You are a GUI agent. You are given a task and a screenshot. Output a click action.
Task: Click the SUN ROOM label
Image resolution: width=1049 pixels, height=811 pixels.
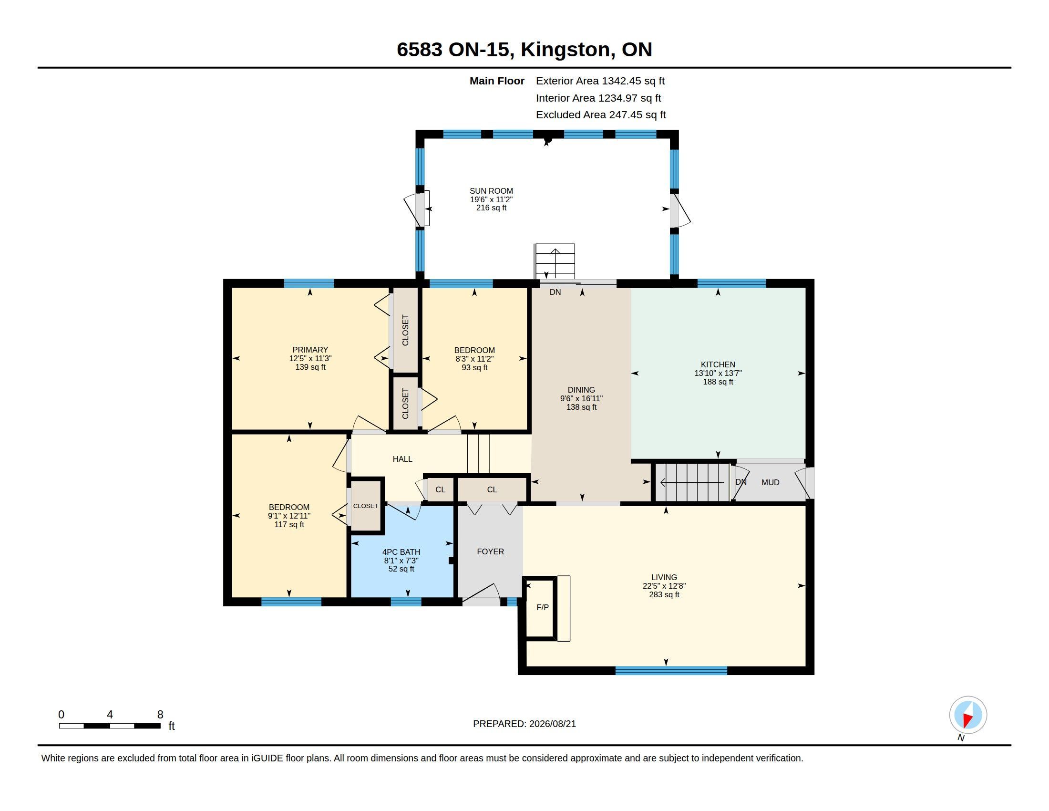click(x=491, y=191)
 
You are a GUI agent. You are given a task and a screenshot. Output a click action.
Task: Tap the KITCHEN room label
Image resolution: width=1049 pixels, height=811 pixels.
click(x=718, y=364)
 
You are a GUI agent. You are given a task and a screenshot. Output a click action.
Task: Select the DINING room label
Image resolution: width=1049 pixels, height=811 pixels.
click(x=581, y=390)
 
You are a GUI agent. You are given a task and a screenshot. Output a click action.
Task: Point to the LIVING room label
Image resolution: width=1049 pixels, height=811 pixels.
click(x=664, y=577)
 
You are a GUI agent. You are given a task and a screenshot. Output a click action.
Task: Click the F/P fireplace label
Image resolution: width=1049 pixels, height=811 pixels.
click(x=542, y=607)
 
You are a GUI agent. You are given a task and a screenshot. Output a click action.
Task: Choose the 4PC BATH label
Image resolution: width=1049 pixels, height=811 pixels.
click(x=401, y=552)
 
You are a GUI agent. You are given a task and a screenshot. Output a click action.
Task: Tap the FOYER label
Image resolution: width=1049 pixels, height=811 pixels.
click(x=490, y=551)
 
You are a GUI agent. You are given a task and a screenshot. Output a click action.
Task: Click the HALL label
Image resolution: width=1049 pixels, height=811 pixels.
click(x=402, y=459)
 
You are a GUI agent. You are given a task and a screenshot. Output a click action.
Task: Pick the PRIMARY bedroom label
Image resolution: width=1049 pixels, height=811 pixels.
click(x=310, y=350)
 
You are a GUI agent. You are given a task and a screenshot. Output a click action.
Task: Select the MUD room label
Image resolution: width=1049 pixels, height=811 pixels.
click(x=771, y=482)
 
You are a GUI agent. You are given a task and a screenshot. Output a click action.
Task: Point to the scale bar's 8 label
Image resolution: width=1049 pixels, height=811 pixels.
click(x=160, y=715)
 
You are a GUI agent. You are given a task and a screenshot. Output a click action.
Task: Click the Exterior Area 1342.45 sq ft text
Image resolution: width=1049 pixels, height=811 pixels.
click(x=600, y=81)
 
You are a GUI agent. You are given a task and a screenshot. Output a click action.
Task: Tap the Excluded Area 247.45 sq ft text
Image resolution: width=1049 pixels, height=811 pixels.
click(x=601, y=114)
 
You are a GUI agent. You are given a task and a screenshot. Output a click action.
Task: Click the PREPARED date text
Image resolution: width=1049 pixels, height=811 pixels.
click(x=524, y=724)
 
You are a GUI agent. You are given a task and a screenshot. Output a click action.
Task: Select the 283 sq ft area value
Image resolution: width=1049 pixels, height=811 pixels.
click(x=664, y=594)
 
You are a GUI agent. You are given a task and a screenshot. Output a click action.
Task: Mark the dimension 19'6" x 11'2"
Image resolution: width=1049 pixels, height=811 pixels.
click(x=491, y=199)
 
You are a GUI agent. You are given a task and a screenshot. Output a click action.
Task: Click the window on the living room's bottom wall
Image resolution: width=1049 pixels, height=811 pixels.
click(x=671, y=671)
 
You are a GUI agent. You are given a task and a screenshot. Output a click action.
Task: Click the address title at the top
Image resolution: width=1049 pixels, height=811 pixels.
click(x=524, y=49)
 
